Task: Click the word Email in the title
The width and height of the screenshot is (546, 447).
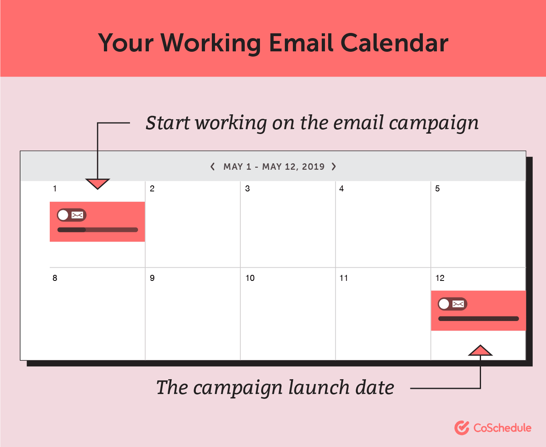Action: tap(300, 43)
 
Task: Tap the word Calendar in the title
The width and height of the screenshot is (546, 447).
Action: tap(394, 43)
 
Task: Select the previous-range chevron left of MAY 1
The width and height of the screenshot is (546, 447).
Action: tap(213, 167)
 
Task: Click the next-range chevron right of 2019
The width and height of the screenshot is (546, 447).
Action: tap(334, 167)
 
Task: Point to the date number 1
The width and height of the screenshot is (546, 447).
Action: tap(55, 189)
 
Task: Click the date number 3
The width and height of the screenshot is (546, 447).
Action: tap(248, 189)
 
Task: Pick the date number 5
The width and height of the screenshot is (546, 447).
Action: tap(437, 189)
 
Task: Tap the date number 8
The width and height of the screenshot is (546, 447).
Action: tap(55, 278)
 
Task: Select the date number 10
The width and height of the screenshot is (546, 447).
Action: tap(250, 278)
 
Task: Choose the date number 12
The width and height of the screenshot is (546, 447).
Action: tap(440, 278)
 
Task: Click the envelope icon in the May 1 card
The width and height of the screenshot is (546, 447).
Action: tap(77, 215)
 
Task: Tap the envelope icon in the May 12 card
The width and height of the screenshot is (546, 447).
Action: tap(458, 304)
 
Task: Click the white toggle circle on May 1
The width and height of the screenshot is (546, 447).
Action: tap(63, 215)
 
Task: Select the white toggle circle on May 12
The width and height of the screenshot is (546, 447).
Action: tap(444, 304)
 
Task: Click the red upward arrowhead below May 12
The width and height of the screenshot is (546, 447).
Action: tap(480, 350)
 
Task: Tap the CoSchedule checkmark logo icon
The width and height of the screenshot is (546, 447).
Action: tap(462, 428)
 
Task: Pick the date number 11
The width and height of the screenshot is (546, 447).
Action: tap(343, 278)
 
